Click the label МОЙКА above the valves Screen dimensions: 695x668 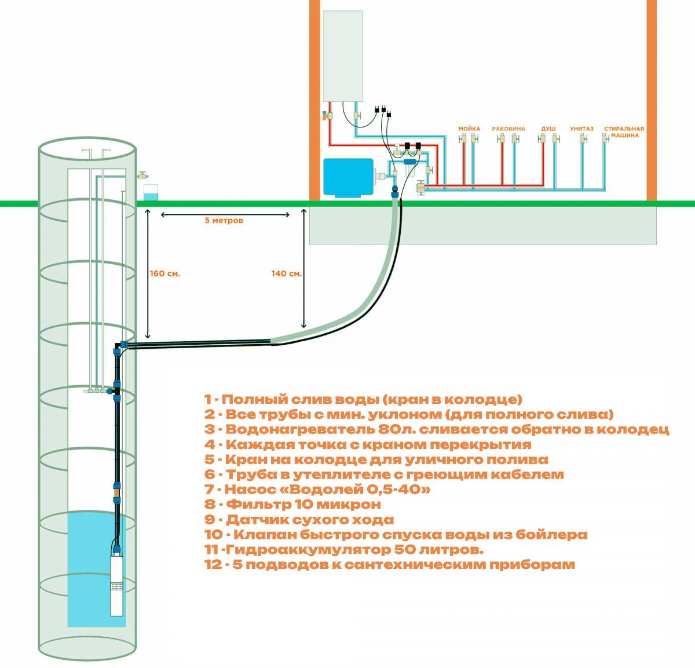[469, 129]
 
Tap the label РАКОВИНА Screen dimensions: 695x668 [509, 129]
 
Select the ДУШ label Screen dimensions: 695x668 [548, 129]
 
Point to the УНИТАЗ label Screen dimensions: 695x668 [581, 129]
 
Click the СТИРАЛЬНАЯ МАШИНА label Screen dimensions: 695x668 [624, 132]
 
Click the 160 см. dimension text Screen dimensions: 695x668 [165, 273]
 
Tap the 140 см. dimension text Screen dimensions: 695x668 [287, 273]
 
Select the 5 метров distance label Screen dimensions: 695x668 [224, 220]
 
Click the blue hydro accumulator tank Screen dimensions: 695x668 [348, 177]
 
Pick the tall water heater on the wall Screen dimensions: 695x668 [343, 56]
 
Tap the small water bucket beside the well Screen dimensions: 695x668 [151, 192]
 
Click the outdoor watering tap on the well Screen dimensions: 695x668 [143, 175]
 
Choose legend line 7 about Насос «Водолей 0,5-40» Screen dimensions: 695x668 [317, 489]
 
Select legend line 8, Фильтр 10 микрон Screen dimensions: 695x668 [292, 504]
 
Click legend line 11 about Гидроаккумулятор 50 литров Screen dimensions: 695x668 [344, 549]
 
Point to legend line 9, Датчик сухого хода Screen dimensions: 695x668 [299, 520]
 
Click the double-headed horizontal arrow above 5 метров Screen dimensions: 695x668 [225, 214]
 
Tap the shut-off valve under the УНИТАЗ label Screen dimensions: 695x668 [582, 138]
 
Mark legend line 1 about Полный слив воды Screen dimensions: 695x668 [363, 399]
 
